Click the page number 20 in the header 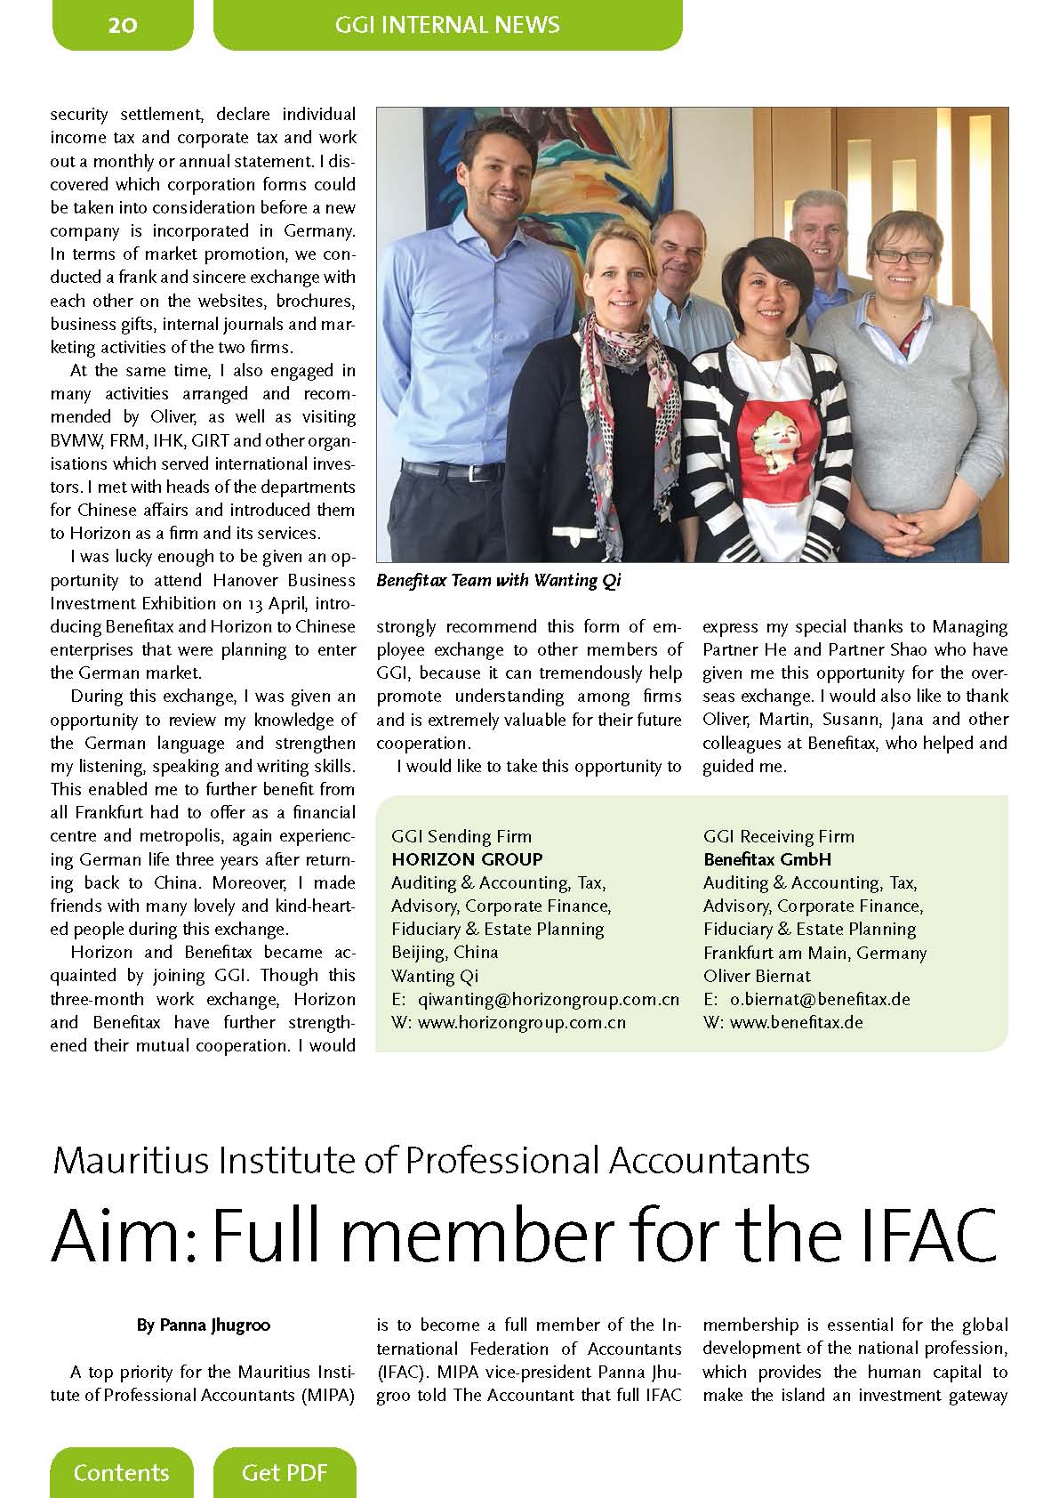[123, 24]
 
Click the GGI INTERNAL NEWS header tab [447, 24]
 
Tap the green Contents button [121, 1472]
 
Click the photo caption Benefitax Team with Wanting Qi [498, 581]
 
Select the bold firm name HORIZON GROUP [467, 859]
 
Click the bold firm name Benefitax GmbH [766, 859]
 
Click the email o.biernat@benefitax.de [819, 999]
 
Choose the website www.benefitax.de [796, 1022]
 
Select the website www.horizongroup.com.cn [521, 1022]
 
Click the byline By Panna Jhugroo [204, 1325]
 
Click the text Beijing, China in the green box [445, 952]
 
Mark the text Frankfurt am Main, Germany [814, 953]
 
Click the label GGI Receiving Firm [778, 836]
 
